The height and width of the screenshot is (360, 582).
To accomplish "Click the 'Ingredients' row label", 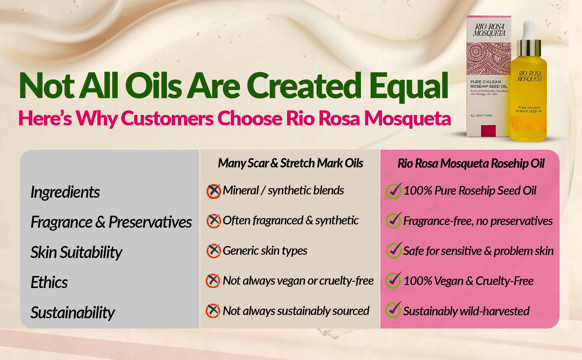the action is click(65, 192).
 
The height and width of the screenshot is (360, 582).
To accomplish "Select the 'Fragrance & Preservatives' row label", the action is click(111, 222).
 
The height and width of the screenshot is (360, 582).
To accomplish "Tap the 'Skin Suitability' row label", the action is click(76, 253).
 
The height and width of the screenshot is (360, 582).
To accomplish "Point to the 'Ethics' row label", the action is click(49, 282).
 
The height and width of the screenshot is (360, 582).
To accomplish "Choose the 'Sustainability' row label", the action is click(73, 313).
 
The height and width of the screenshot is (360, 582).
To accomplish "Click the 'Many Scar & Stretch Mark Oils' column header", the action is click(290, 163).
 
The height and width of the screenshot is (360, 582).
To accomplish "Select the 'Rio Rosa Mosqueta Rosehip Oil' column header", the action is click(471, 163).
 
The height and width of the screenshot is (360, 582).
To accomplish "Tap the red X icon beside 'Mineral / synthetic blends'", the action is click(214, 191).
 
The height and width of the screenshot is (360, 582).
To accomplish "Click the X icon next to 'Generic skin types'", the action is click(214, 251).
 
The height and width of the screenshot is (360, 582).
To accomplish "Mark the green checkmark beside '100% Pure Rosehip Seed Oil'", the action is click(394, 191).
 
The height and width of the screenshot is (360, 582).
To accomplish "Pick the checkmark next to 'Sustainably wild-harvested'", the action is click(393, 310).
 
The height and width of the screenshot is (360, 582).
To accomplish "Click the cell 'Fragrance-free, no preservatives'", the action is click(478, 221).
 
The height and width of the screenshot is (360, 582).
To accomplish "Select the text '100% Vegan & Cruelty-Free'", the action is click(468, 281).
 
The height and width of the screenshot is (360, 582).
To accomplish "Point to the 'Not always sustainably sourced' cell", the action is click(296, 311).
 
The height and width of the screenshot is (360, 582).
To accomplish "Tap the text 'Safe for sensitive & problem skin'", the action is click(478, 251).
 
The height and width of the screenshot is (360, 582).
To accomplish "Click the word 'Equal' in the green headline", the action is click(409, 86).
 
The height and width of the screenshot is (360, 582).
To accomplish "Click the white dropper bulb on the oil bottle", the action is click(529, 29).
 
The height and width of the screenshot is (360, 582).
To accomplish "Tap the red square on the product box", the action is click(488, 131).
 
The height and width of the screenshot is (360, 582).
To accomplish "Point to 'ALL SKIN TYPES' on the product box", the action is click(481, 115).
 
